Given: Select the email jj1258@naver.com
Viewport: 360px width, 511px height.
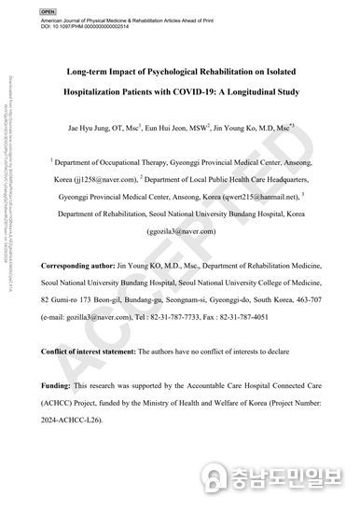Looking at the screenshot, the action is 99,174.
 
